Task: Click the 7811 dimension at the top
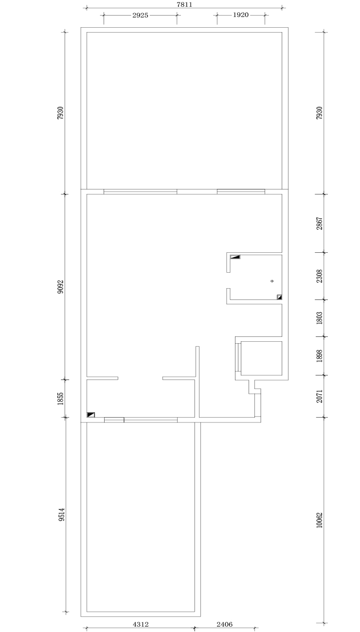tap(184, 4)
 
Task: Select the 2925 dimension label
tap(140, 15)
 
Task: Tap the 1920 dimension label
tap(240, 15)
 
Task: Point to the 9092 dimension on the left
tap(61, 287)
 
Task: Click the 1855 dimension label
tap(61, 399)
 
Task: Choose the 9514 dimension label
tap(62, 515)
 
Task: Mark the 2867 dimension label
tap(319, 224)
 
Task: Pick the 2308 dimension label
tap(319, 276)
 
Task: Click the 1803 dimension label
tap(319, 318)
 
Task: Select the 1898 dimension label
tap(319, 356)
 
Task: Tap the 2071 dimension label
tap(319, 396)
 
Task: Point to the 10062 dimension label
tap(319, 520)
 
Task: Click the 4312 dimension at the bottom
tap(141, 624)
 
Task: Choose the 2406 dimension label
tap(224, 624)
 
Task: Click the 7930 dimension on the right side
tap(319, 113)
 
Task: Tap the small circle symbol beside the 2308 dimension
tap(272, 281)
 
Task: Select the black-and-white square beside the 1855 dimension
tap(91, 415)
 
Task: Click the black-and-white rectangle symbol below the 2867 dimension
tap(235, 257)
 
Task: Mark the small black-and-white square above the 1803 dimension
tap(280, 297)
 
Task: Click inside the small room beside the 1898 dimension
tap(261, 358)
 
